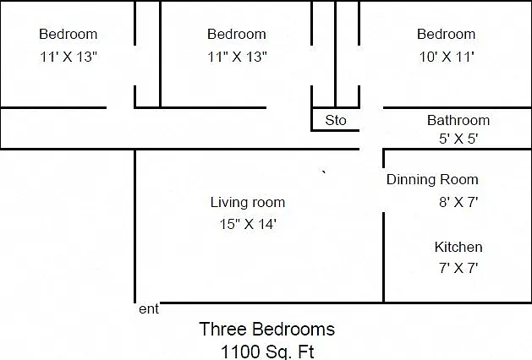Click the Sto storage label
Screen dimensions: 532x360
336,120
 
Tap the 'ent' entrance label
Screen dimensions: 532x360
149,309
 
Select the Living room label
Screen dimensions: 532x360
248,202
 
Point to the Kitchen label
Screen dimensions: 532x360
458,247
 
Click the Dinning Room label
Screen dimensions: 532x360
432,180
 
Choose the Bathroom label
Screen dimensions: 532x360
458,120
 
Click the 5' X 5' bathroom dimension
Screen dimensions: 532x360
458,139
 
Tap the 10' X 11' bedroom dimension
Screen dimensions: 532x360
447,57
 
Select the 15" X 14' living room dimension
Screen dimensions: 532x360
248,224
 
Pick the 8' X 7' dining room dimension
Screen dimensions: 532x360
458,202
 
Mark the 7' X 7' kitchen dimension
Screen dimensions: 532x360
458,268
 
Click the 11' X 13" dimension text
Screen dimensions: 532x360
69,57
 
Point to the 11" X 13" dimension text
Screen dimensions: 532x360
237,57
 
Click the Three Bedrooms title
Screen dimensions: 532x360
267,329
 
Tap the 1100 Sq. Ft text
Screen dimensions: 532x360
268,352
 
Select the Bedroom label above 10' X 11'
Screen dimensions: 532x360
447,34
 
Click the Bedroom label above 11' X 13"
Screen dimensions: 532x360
69,34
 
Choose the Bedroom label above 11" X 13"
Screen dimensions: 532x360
237,34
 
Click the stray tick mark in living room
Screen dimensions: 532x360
324,172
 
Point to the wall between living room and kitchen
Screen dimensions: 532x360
383,257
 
